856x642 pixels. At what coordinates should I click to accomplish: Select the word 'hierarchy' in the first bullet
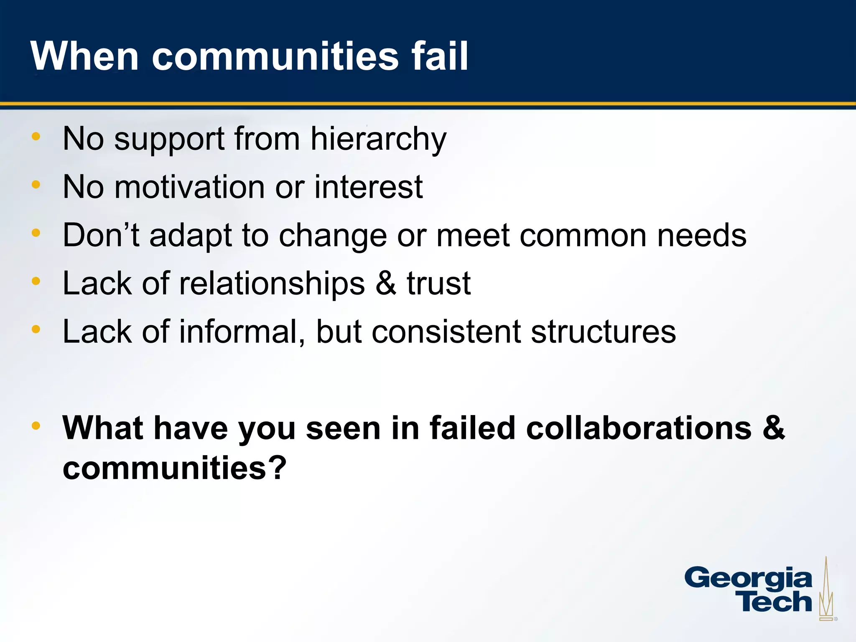378,139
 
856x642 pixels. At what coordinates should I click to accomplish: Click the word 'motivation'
189,187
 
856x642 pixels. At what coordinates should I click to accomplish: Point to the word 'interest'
368,187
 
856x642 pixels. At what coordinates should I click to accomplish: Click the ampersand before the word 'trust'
385,284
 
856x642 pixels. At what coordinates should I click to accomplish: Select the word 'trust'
439,284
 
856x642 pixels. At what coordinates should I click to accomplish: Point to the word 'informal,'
242,332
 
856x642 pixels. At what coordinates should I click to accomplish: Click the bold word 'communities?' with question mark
175,468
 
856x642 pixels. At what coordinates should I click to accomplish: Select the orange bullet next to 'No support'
36,136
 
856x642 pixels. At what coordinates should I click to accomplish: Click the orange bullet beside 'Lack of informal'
36,329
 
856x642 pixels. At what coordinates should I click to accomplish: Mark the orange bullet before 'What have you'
36,426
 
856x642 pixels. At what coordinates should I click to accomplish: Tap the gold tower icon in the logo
826,589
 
